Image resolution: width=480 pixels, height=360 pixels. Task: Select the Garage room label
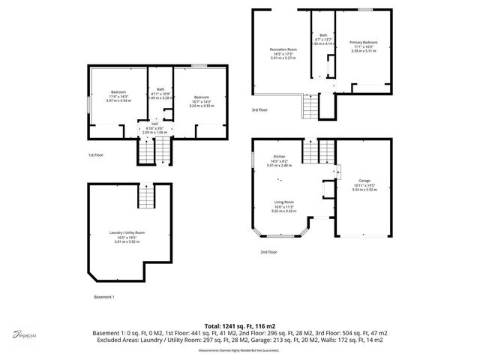click(363, 181)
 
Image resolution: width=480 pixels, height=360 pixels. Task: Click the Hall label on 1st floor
click(155, 124)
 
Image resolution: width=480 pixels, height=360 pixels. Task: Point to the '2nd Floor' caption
click(269, 253)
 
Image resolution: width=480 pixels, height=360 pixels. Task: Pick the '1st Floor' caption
click(95, 155)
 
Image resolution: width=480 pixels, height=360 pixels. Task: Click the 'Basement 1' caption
click(103, 298)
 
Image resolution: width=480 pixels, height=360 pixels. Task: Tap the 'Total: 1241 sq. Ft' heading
click(239, 324)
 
